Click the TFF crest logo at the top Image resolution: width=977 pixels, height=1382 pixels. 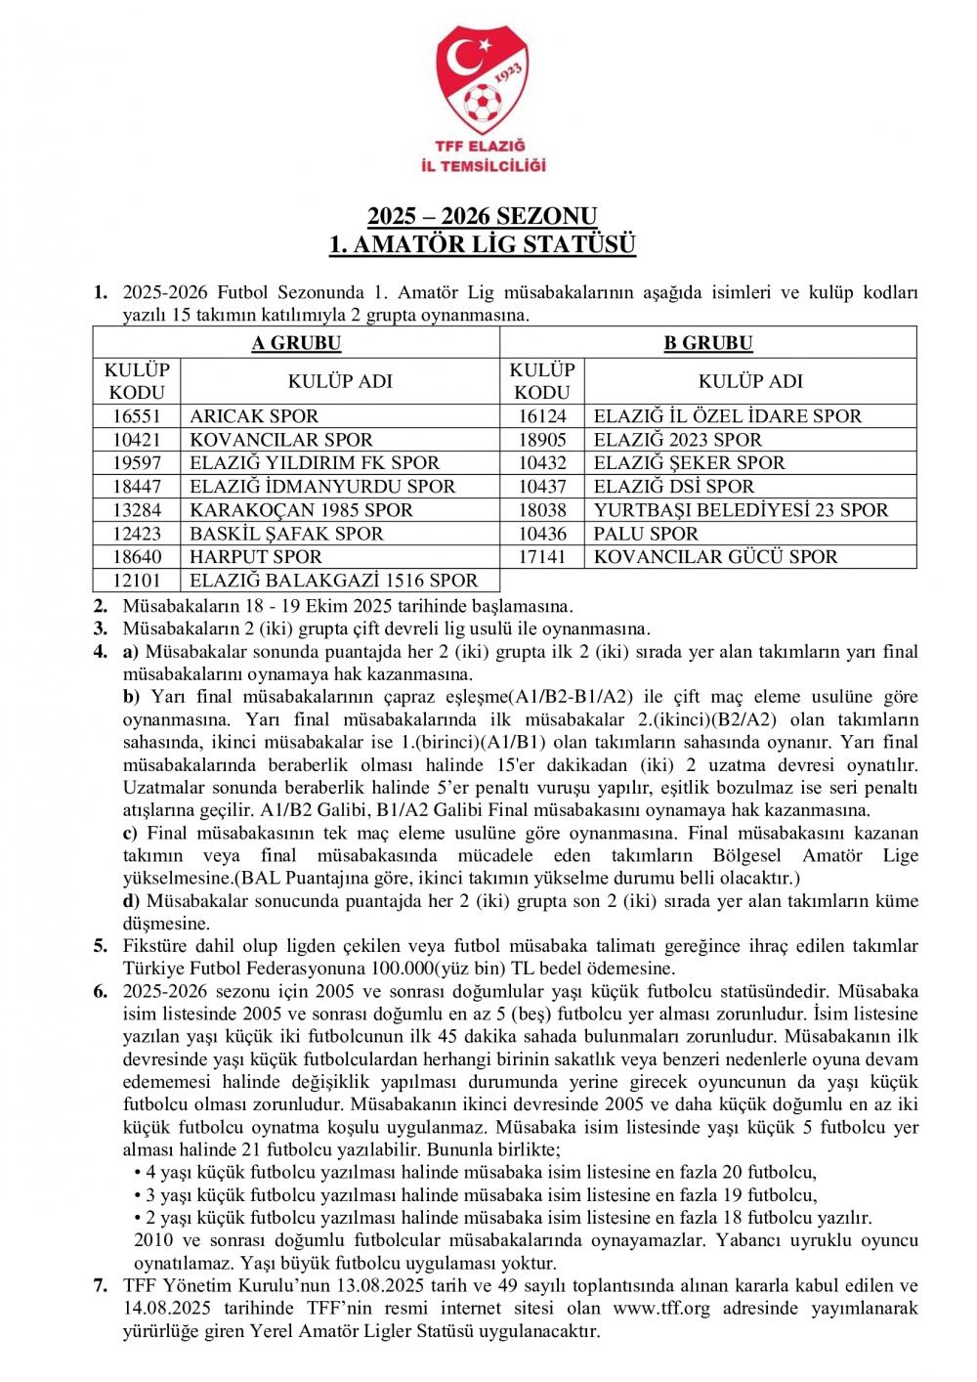coord(488,82)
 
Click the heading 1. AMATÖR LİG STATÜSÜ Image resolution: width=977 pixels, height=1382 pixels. coord(482,243)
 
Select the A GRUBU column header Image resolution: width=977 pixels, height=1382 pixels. coord(296,343)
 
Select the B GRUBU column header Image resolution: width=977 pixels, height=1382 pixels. coord(708,343)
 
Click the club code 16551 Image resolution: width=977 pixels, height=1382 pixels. coord(137,416)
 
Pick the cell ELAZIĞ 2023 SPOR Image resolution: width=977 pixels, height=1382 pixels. coord(677,440)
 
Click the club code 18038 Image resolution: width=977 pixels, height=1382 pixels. coord(541,510)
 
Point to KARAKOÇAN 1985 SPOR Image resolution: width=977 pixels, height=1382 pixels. coord(302,510)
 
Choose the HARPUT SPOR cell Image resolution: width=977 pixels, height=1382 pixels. coord(256,557)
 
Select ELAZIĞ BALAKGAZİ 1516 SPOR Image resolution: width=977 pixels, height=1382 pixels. coord(334,581)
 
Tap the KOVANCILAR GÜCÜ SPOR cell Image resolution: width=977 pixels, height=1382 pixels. coord(715,557)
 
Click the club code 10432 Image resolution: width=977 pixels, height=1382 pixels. coord(541,463)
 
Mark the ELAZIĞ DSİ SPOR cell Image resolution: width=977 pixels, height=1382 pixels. coord(674,487)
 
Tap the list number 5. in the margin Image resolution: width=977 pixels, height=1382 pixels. coord(101,945)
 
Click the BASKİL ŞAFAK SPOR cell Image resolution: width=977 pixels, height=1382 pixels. coord(287,534)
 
